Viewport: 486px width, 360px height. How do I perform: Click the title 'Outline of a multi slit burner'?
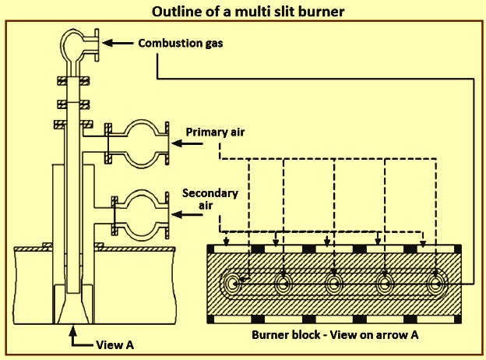[248, 12]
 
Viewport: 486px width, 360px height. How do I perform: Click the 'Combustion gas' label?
[181, 43]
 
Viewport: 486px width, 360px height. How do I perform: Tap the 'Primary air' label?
[215, 132]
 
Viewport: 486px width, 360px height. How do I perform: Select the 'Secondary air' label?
[210, 199]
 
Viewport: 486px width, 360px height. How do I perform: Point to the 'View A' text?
[114, 345]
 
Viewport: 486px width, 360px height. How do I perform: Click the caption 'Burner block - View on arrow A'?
[335, 335]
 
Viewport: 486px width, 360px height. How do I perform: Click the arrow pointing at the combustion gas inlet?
[118, 43]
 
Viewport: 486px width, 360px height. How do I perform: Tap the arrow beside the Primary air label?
[187, 143]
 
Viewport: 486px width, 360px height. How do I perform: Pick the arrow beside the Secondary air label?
[187, 214]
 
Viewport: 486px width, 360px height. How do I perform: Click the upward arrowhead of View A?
[73, 330]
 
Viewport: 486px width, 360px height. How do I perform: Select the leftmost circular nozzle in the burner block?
[234, 284]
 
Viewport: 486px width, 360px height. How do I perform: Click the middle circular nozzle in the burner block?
[334, 284]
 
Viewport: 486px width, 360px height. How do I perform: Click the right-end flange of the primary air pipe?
[167, 143]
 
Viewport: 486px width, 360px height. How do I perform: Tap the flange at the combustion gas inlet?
[97, 45]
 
